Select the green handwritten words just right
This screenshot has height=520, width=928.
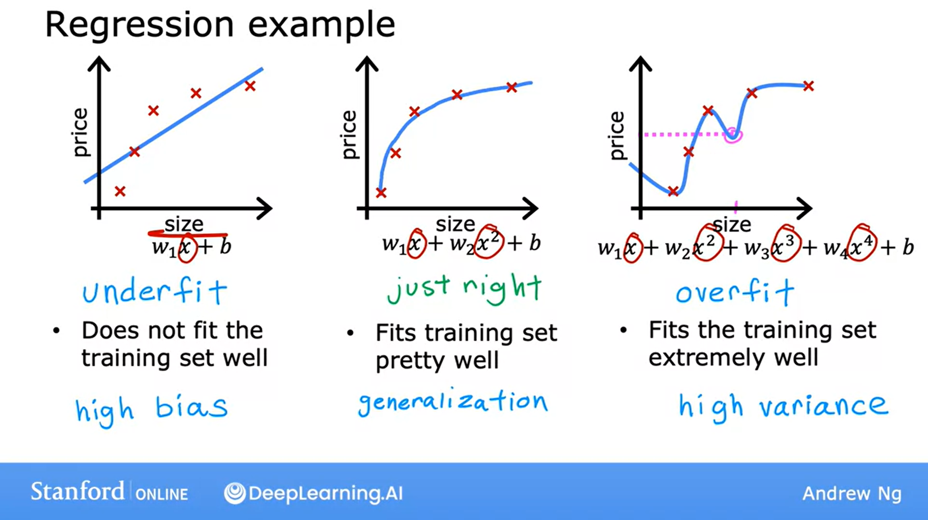coord(464,290)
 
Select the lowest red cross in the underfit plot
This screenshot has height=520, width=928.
coord(120,191)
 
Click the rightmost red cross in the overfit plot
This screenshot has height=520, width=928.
coord(809,86)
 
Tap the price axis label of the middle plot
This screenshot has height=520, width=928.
coord(349,135)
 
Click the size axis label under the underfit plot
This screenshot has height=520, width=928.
coord(184,224)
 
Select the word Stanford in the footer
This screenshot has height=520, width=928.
coord(78,491)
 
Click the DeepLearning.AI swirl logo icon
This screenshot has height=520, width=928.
coord(235,493)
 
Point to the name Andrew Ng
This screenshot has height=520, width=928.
coord(852,493)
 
